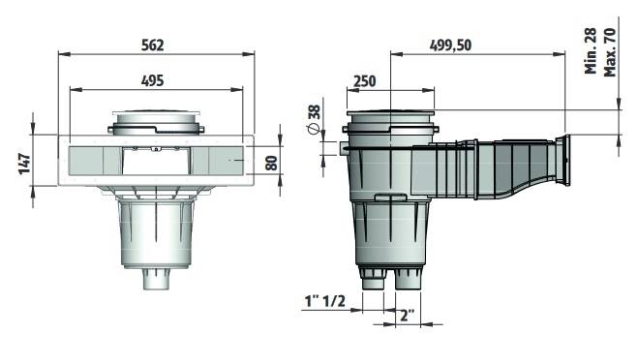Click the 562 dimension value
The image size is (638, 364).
point(153,45)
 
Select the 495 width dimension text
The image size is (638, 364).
point(153,80)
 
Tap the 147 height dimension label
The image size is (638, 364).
point(25,163)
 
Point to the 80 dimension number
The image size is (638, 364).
point(271,163)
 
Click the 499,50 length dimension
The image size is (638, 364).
point(450,45)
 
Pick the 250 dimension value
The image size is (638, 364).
point(364,81)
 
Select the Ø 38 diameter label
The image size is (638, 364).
point(314,119)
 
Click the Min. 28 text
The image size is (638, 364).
point(591,51)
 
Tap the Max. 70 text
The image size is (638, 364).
point(610,52)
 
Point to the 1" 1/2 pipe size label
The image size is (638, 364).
point(324,301)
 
